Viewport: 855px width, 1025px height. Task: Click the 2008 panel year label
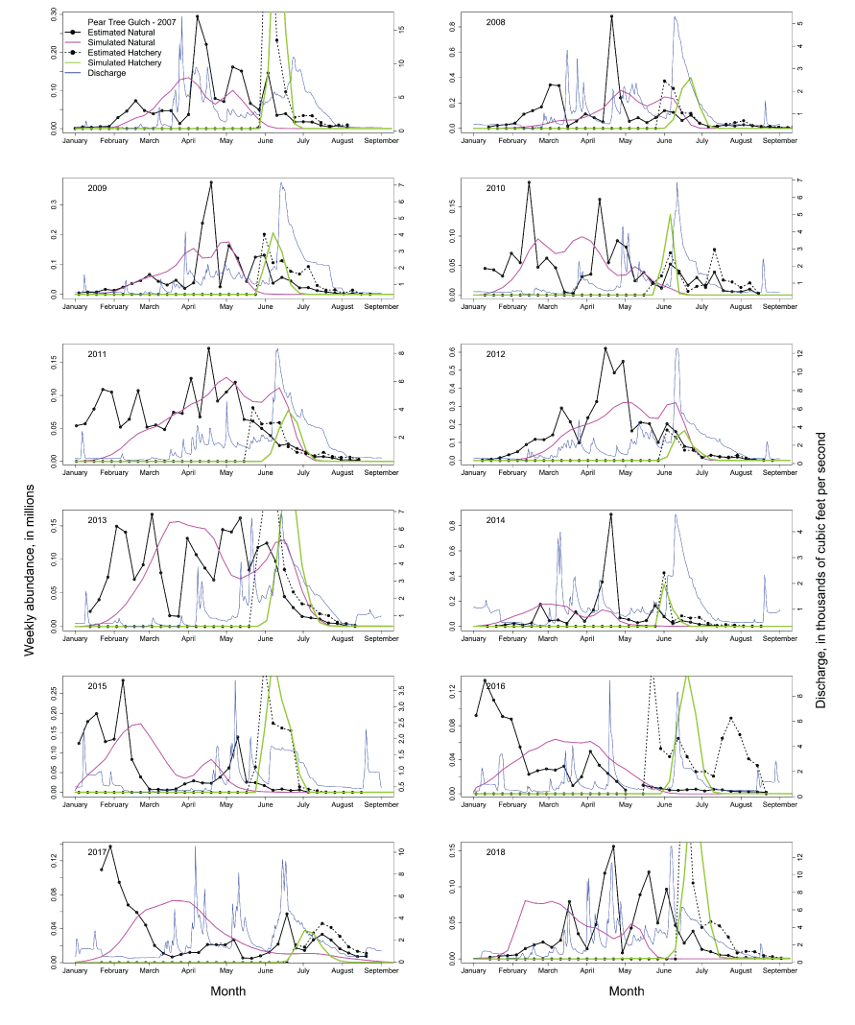tap(497, 21)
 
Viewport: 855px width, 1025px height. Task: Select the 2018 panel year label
tap(497, 852)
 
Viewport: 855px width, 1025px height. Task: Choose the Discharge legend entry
tap(106, 73)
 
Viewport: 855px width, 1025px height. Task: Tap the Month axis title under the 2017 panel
tap(228, 990)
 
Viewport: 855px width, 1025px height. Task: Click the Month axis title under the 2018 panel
tap(627, 990)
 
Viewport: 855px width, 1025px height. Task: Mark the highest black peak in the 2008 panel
tap(611, 17)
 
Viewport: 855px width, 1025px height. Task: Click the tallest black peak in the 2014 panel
tap(610, 514)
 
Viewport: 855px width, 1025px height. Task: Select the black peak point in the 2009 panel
tap(211, 182)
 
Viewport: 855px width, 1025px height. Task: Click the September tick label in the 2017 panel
tap(381, 971)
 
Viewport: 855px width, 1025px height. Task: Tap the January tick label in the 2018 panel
tap(474, 971)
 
